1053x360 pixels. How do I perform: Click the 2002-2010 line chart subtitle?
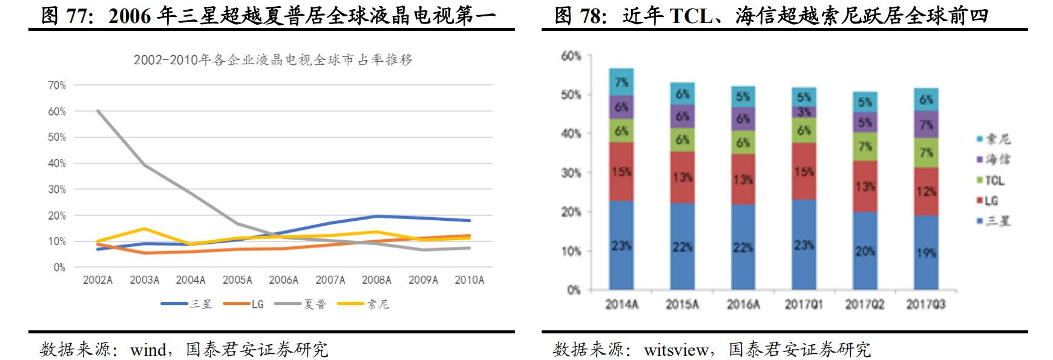point(273,60)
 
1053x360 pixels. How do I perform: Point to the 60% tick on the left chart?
point(57,111)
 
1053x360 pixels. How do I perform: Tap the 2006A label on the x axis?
point(284,280)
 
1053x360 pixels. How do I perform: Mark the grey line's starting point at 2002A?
point(97,111)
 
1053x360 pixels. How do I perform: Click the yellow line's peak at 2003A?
point(144,229)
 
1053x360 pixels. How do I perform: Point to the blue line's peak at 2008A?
point(376,216)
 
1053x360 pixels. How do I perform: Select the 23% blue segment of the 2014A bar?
point(622,246)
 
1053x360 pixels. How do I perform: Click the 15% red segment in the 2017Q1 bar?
point(804,172)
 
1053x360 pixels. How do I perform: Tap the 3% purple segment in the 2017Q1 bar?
point(804,112)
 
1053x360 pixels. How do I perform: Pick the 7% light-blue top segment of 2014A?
point(622,82)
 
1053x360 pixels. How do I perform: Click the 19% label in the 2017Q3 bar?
point(926,253)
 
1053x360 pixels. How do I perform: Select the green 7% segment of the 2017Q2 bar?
point(865,146)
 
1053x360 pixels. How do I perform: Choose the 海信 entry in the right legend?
point(993,160)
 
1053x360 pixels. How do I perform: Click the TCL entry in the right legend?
point(991,180)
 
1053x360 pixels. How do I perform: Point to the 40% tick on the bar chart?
point(571,134)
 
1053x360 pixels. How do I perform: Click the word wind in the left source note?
point(148,350)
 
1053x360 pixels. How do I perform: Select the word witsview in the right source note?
point(676,350)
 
